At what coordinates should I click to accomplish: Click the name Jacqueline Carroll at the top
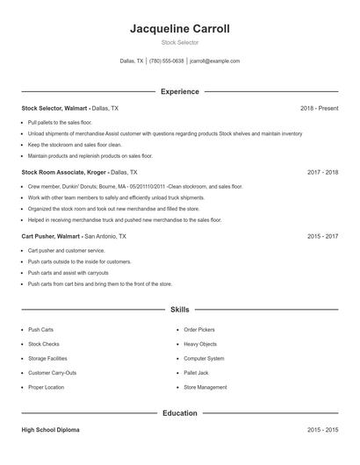click(x=179, y=28)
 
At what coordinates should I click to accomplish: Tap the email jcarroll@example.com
click(x=214, y=61)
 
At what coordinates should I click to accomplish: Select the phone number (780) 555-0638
click(x=167, y=61)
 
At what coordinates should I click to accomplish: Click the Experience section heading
click(x=179, y=91)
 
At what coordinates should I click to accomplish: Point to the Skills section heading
click(x=179, y=310)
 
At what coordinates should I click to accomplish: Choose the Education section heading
click(x=179, y=412)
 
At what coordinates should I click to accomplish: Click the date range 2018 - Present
click(x=319, y=108)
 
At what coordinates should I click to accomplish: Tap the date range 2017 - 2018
click(x=322, y=173)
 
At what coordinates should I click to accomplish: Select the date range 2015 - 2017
click(x=322, y=237)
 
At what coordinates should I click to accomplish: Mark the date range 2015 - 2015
click(x=322, y=430)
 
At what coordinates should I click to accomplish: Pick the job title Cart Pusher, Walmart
click(x=52, y=237)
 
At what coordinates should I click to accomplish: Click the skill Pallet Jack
click(x=197, y=372)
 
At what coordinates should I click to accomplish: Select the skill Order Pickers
click(x=198, y=330)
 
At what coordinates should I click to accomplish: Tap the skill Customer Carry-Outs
click(x=52, y=372)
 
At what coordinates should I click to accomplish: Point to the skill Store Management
click(x=205, y=387)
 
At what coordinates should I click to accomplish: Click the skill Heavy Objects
click(x=200, y=344)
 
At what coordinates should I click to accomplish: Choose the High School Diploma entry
click(x=50, y=430)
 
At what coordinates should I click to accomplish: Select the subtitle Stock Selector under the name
click(x=179, y=42)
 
